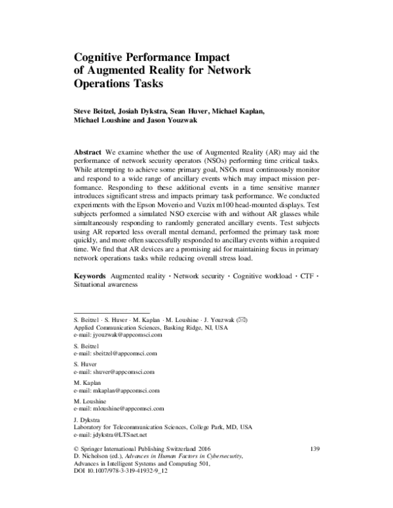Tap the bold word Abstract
pos(88,151)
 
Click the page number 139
pos(312,448)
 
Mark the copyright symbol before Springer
pos(77,449)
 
